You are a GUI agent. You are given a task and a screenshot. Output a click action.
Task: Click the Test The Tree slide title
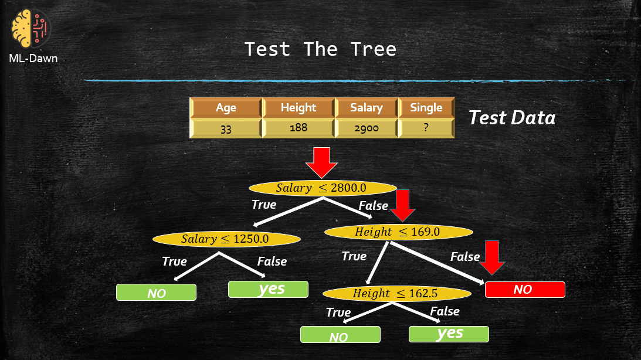pos(320,49)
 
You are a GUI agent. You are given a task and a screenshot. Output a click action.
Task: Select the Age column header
pos(226,108)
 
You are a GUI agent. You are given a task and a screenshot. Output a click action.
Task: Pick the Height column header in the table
pos(298,108)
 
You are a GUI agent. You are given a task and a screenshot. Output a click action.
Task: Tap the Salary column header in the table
pos(366,108)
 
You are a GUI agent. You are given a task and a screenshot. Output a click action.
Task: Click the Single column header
pos(426,108)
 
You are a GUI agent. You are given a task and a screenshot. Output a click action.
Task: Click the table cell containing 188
pos(298,128)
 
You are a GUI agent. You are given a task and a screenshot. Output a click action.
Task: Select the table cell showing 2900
pos(366,128)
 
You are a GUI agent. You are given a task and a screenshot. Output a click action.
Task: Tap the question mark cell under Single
pos(426,128)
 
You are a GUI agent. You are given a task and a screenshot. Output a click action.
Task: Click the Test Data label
pos(511,118)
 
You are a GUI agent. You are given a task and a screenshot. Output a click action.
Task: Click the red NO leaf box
pos(525,290)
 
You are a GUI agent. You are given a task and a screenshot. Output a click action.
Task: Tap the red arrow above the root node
pos(322,162)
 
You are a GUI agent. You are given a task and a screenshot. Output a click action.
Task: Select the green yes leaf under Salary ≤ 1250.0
pos(268,289)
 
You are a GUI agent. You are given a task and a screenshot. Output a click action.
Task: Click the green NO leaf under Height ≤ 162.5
pos(340,335)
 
